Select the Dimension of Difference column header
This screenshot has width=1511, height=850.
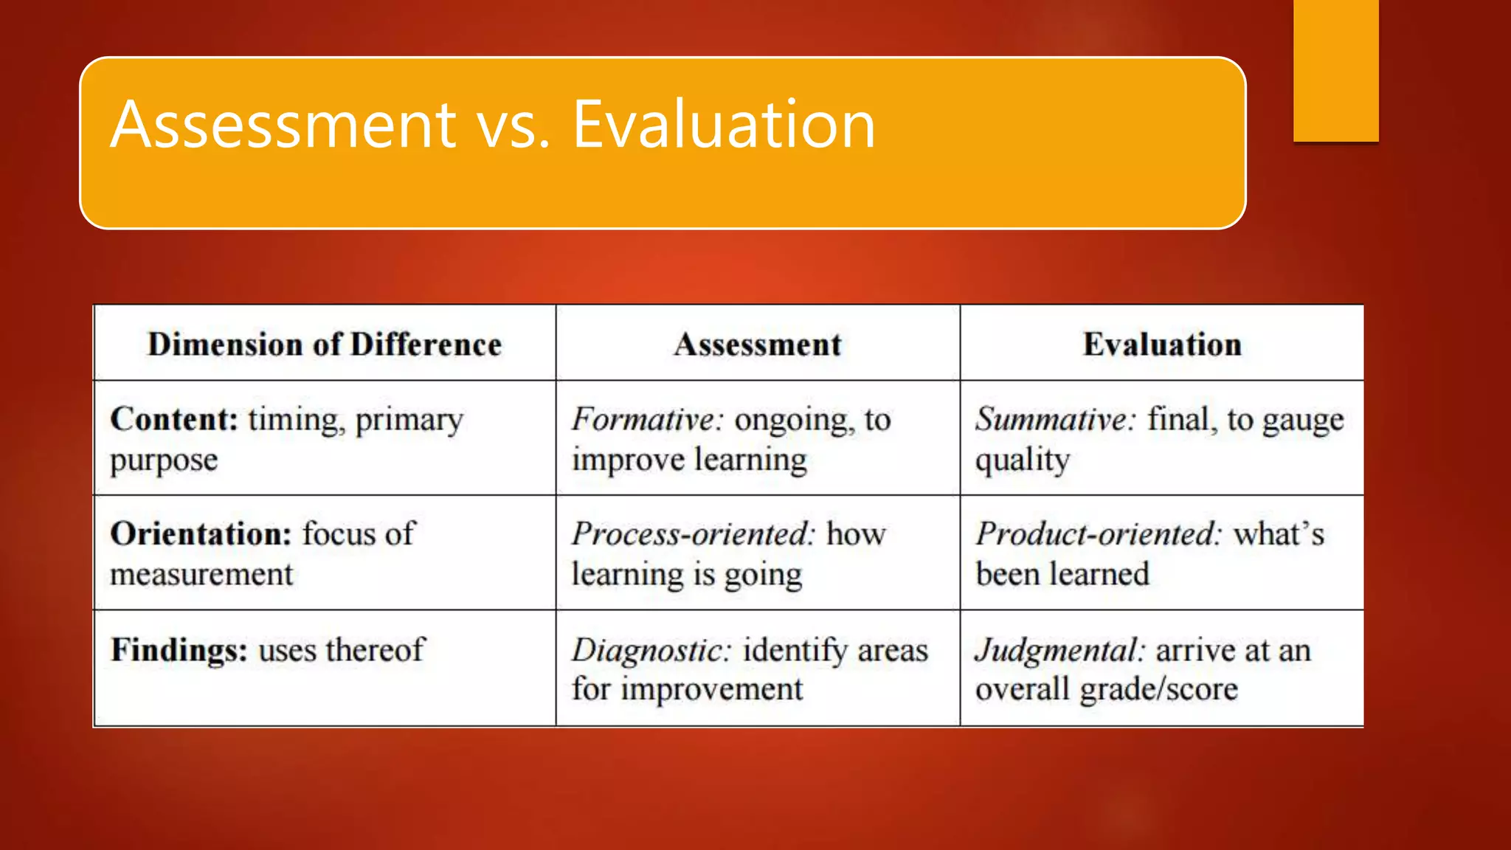coord(325,345)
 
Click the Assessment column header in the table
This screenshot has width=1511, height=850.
coord(758,345)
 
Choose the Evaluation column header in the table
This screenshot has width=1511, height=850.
coord(1162,345)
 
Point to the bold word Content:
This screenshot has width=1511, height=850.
coord(174,419)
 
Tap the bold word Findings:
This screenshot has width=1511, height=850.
coord(179,650)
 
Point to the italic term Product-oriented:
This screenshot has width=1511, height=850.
coord(1099,533)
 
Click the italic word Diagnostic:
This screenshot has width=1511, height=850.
coord(651,650)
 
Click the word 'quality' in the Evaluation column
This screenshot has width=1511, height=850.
coord(1022,460)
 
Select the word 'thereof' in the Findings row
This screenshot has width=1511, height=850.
coord(376,650)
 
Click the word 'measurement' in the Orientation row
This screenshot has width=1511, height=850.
coord(201,574)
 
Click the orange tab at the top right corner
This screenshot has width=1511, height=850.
coord(1335,70)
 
